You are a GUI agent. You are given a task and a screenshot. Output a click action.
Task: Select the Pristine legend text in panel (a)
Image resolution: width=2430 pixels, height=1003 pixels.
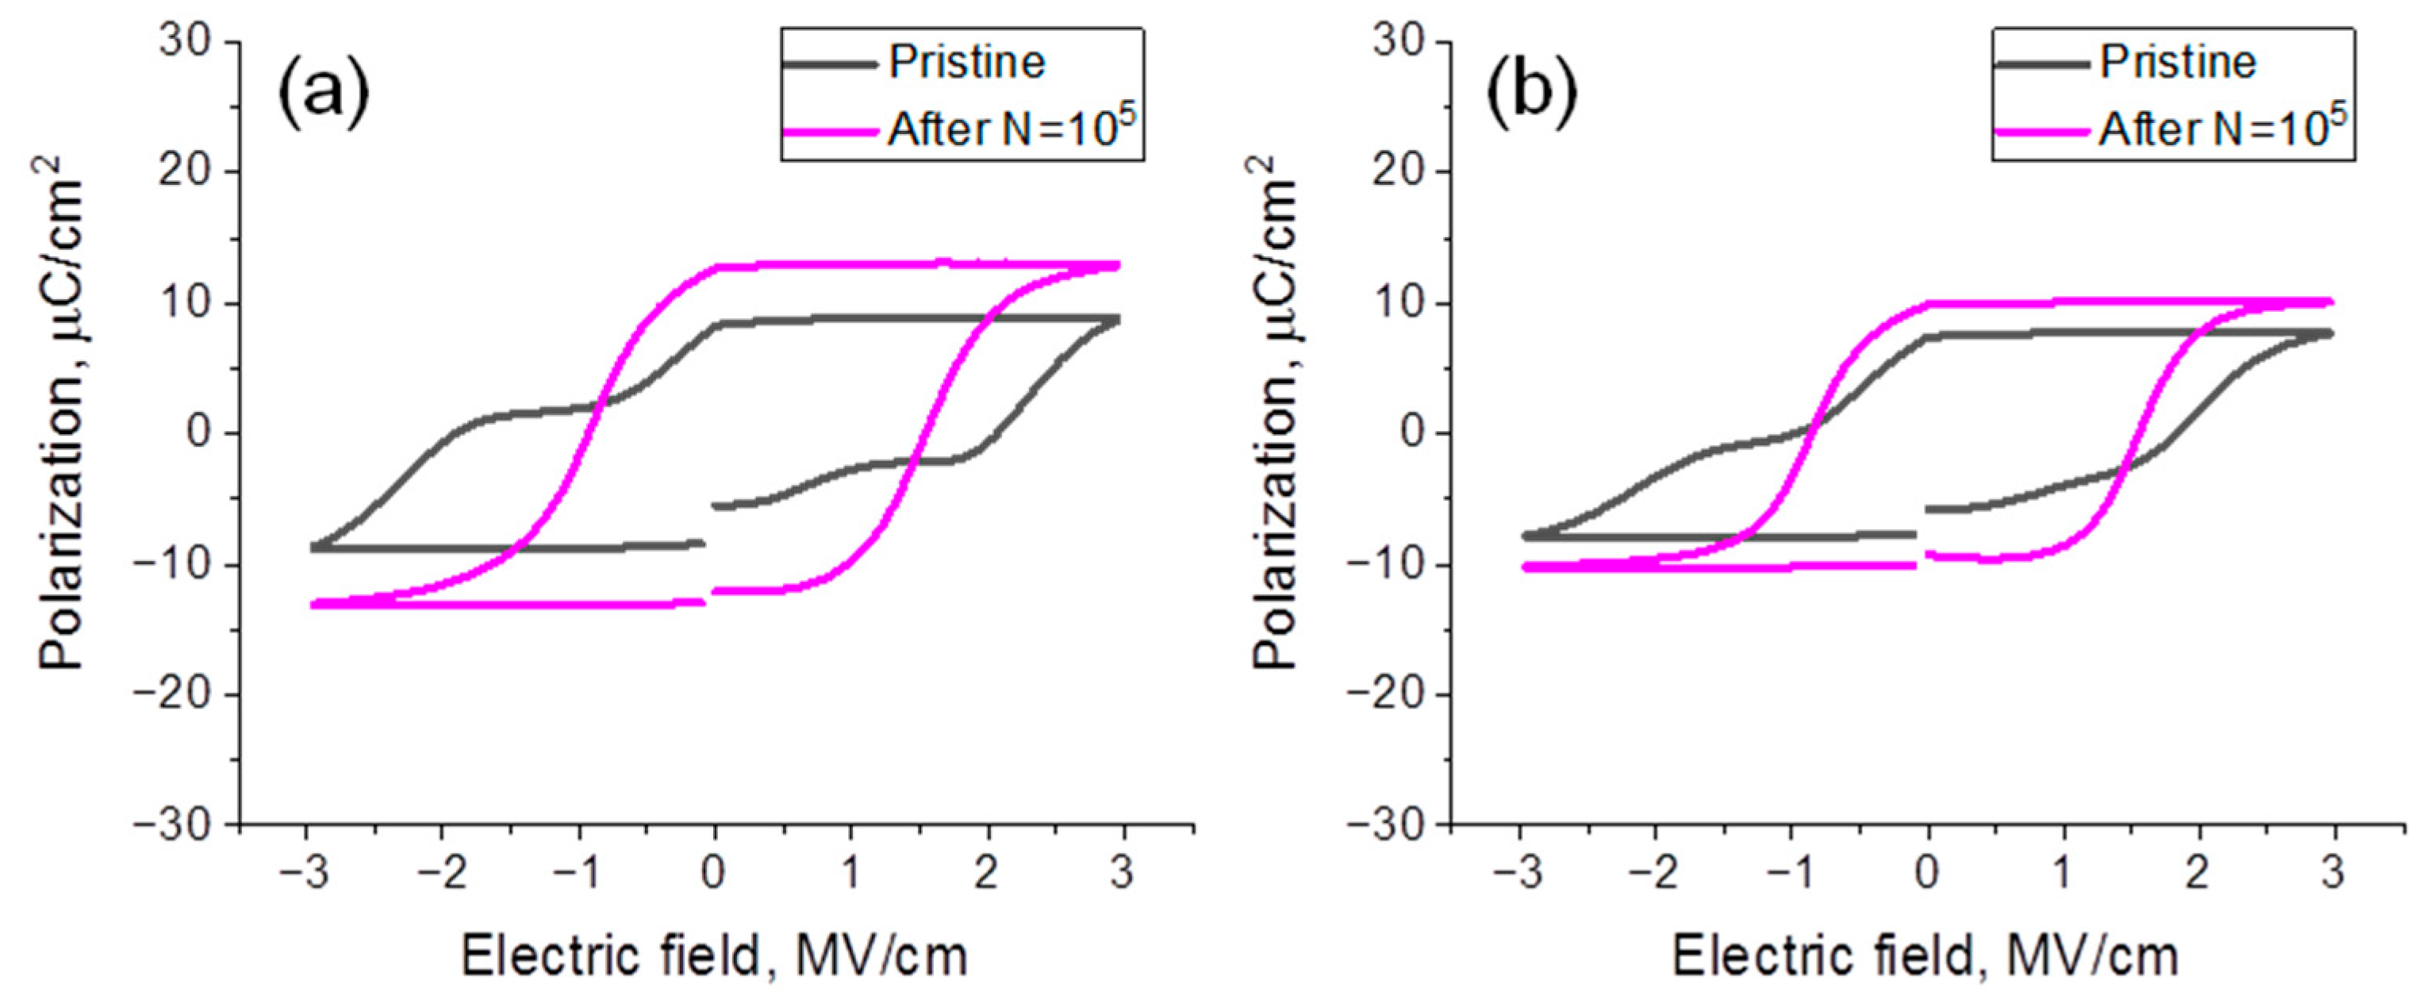967,62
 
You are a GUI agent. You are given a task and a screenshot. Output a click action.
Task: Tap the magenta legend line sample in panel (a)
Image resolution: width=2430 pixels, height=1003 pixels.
829,131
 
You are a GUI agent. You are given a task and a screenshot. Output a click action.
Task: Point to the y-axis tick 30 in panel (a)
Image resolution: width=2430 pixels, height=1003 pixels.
185,43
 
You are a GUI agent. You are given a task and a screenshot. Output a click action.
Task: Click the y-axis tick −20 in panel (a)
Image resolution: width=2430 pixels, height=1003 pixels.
175,694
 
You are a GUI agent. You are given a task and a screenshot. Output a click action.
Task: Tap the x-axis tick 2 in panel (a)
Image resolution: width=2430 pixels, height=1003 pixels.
987,874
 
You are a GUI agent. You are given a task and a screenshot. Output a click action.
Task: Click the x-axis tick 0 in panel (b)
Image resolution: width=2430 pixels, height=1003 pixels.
1927,874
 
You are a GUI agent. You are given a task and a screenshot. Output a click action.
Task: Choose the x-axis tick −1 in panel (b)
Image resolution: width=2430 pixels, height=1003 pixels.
1791,874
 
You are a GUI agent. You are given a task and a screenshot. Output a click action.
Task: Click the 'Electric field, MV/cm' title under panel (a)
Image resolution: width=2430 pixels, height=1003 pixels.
714,957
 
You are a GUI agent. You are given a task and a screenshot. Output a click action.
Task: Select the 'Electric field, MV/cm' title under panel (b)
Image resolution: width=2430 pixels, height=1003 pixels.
1925,957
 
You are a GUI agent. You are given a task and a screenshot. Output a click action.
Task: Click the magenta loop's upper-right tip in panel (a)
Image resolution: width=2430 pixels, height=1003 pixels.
1117,266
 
